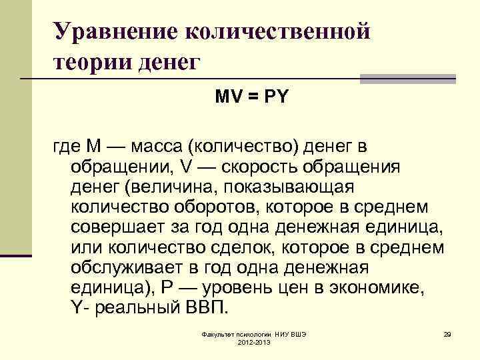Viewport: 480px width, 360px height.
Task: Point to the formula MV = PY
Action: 251,97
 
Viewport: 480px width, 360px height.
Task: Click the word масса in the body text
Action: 160,145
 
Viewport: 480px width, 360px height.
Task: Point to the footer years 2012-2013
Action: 253,341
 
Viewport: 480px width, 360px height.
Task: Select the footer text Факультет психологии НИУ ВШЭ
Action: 253,332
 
